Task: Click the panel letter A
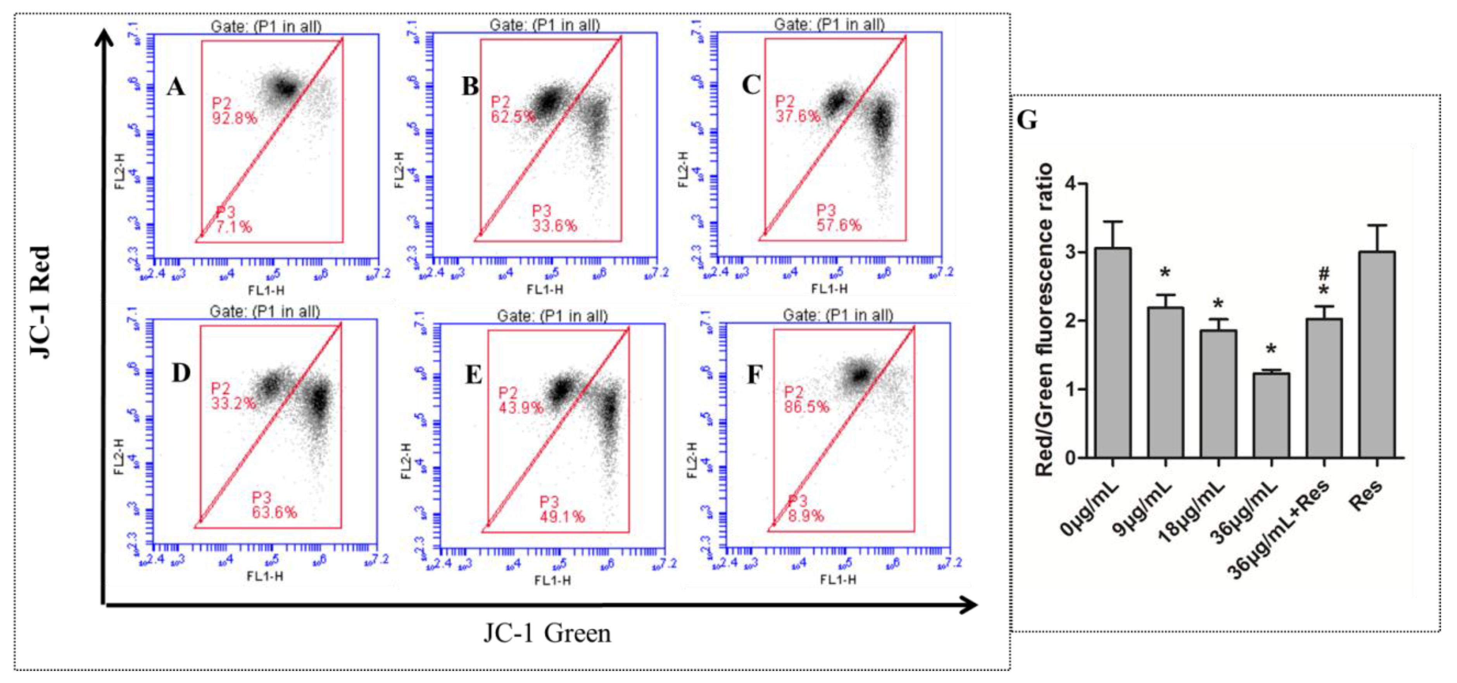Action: [176, 88]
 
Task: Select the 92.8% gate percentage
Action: [234, 118]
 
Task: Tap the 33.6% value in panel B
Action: [554, 226]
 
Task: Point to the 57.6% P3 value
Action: [839, 225]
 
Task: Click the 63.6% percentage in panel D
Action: [274, 512]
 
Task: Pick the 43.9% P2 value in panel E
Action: [520, 407]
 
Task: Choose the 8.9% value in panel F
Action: [806, 516]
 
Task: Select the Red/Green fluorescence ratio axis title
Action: [1044, 320]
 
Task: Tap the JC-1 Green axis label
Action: [547, 633]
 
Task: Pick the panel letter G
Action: [1027, 120]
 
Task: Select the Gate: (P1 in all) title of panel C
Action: [829, 24]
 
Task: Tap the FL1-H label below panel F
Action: [838, 580]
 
